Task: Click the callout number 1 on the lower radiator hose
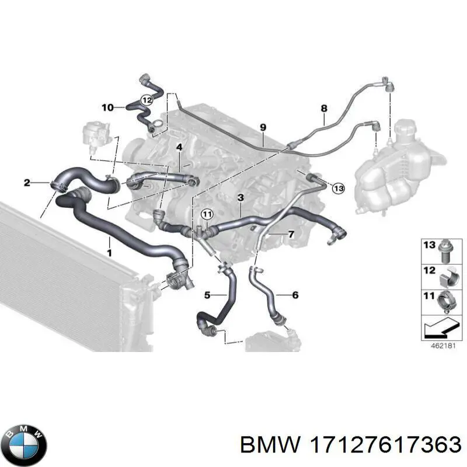109,253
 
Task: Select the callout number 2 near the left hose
27,183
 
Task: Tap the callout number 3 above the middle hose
241,199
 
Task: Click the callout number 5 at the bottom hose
207,295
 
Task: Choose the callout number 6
295,295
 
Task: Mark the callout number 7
291,234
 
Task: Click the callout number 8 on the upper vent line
324,109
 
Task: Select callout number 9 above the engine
263,127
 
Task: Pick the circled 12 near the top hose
147,100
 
